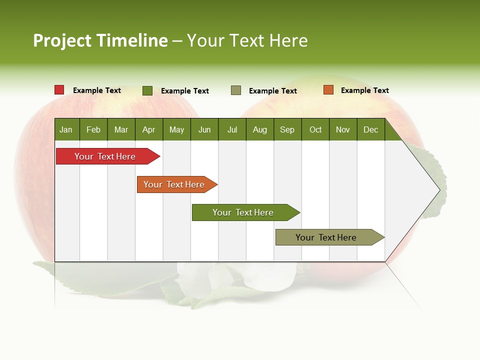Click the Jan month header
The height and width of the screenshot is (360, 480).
pos(66,129)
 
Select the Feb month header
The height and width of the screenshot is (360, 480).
pos(93,129)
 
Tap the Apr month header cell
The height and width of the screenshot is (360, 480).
pos(149,129)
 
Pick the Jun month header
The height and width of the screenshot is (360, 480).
pos(204,129)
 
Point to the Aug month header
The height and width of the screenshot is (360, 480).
pos(260,129)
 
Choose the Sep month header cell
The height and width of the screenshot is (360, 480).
pos(287,129)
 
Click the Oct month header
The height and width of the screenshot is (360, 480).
pos(315,129)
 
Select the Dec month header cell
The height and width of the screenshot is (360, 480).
pos(371,129)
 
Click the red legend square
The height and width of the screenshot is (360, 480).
pos(59,90)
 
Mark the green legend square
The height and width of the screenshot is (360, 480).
pos(147,90)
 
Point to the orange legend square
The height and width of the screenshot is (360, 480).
pos(328,90)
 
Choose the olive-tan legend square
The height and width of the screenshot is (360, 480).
pos(236,90)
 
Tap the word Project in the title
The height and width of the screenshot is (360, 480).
pos(62,40)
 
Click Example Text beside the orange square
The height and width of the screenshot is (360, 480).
pos(364,90)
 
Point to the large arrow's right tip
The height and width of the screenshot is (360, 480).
pos(439,190)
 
